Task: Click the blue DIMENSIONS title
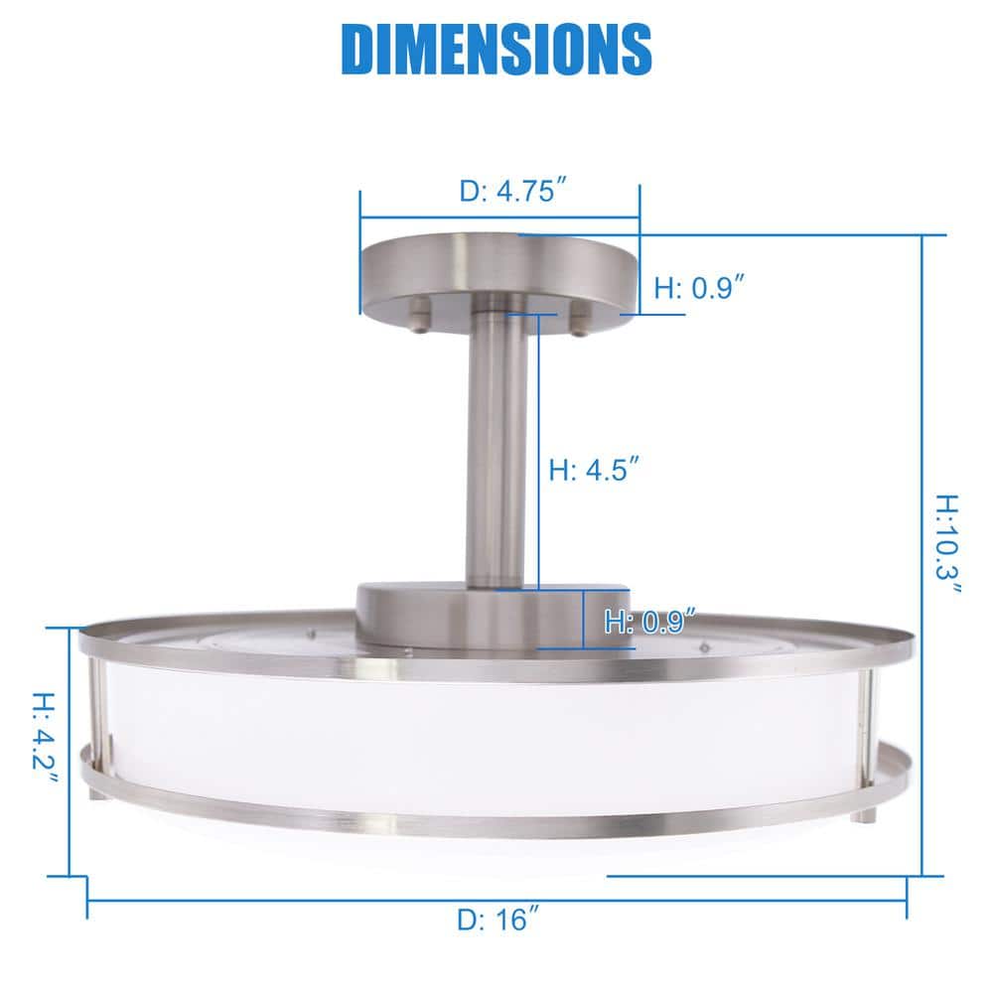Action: (496, 48)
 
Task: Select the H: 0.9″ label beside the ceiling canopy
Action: (700, 288)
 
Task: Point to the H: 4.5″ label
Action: (593, 470)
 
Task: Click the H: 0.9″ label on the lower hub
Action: (648, 623)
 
